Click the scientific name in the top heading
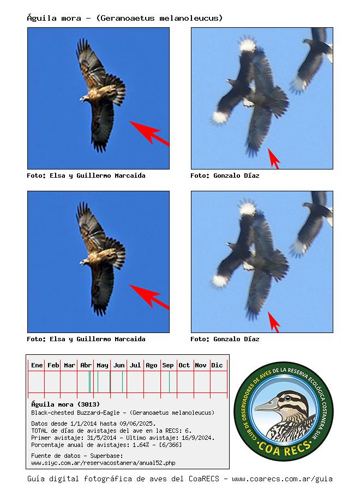point(160,18)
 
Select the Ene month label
point(37,365)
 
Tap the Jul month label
point(135,365)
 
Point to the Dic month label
point(217,365)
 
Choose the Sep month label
point(168,365)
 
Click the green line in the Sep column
point(170,382)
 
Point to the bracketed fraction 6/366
point(170,445)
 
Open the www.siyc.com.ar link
point(103,463)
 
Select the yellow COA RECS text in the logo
point(284,447)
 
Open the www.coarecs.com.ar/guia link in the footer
point(282,479)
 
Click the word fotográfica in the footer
point(107,479)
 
